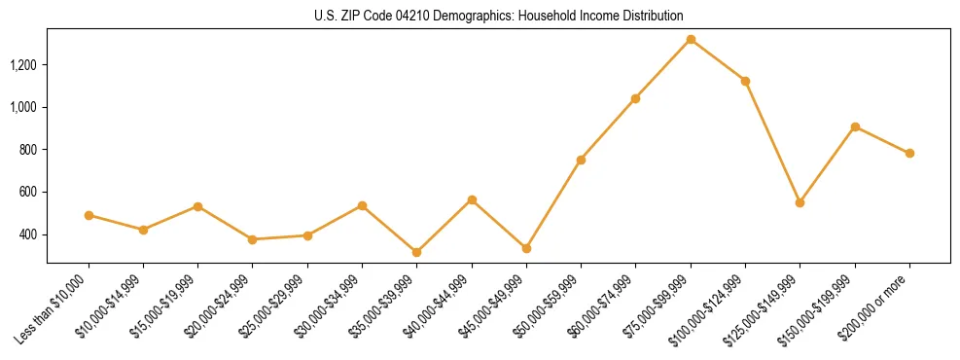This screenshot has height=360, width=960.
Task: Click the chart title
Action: coord(498,17)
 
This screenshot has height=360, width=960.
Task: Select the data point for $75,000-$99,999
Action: coord(691,40)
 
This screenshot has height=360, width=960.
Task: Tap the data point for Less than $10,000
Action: coord(89,215)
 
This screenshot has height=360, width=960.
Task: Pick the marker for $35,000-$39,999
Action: coord(417,252)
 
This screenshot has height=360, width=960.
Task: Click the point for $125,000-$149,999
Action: coord(800,202)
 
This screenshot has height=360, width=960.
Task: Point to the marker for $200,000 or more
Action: coord(909,153)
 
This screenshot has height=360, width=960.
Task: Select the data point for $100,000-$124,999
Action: coord(745,81)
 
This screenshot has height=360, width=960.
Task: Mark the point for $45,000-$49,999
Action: coord(526,248)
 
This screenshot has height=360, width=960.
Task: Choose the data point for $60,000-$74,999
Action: coord(636,98)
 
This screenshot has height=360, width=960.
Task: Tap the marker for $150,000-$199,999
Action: coord(855,126)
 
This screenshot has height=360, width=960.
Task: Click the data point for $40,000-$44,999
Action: coord(472,199)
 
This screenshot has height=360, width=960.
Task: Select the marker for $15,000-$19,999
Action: coord(197,206)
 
